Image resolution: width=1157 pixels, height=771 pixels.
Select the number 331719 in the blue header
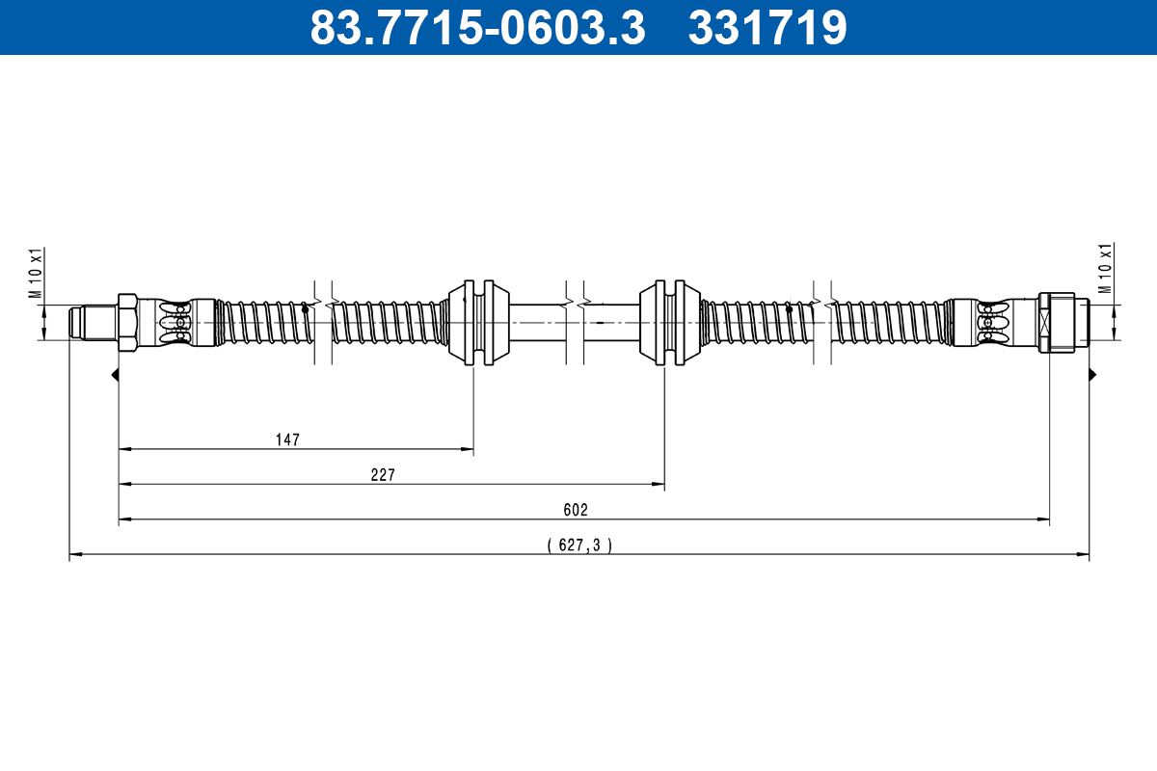pyautogui.click(x=767, y=28)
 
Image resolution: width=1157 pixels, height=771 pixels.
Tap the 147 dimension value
pyautogui.click(x=287, y=439)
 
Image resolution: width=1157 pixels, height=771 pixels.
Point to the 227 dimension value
pyautogui.click(x=384, y=474)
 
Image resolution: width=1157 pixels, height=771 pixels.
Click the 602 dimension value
pyautogui.click(x=577, y=510)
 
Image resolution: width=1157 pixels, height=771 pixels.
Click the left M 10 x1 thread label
pyautogui.click(x=36, y=276)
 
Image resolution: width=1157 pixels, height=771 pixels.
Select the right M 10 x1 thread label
pyautogui.click(x=1106, y=268)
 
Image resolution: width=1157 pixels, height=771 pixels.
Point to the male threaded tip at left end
pyautogui.click(x=92, y=322)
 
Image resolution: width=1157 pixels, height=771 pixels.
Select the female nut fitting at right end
pyautogui.click(x=1061, y=322)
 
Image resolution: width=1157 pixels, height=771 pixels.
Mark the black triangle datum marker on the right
pyautogui.click(x=1093, y=374)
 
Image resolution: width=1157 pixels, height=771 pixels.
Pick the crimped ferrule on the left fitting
pyautogui.click(x=175, y=322)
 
